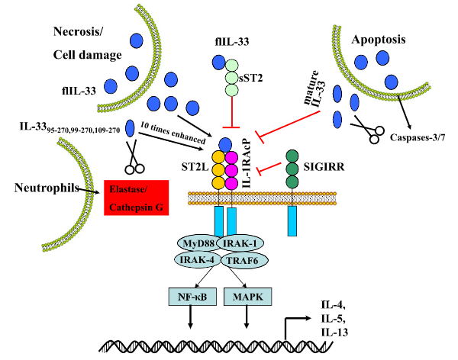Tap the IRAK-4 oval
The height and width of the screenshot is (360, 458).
197,261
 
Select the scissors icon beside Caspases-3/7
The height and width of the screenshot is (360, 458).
369,130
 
